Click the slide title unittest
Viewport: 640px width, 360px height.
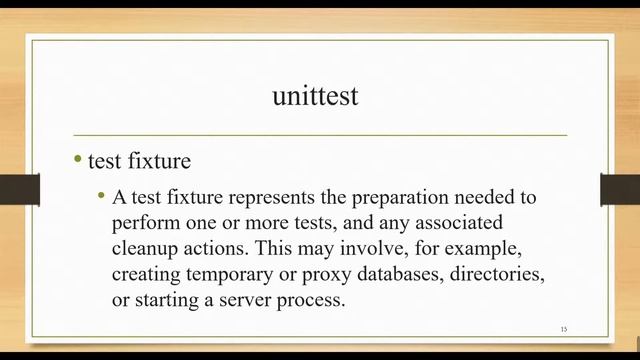[x=315, y=96]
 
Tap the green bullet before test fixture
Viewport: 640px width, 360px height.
[x=78, y=159]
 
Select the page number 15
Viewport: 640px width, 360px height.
[x=564, y=329]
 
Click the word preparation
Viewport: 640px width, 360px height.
[x=406, y=196]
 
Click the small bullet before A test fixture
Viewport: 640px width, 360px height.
[x=101, y=195]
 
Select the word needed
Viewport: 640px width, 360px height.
[x=485, y=196]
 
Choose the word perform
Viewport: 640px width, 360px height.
[x=142, y=221]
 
